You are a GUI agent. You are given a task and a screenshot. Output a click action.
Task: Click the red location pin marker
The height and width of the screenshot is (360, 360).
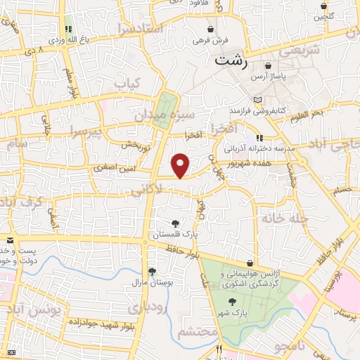tap(181, 165)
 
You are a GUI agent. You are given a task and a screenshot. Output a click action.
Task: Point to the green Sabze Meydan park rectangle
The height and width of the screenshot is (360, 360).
tap(165, 110)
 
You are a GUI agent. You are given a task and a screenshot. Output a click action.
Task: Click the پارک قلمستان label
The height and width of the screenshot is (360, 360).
tap(174, 236)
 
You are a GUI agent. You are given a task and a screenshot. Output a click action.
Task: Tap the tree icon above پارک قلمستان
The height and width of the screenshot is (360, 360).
tap(174, 224)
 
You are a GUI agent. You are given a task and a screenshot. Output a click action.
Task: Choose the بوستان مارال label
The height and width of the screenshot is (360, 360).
tap(148, 283)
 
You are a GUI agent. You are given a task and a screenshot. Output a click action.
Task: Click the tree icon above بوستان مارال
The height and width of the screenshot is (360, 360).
tap(152, 271)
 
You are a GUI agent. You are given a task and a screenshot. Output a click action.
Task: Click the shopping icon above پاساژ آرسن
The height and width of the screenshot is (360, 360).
tap(269, 65)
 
